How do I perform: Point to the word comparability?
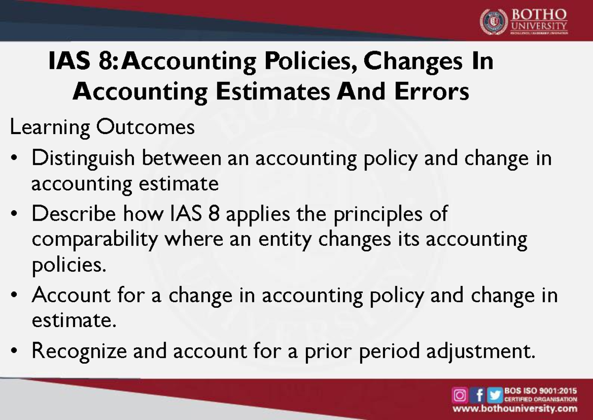(94, 240)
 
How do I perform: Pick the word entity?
(288, 240)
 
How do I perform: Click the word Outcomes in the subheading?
(145, 128)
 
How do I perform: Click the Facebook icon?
(478, 396)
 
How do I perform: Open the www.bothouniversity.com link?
(515, 409)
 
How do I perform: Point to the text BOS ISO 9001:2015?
(540, 391)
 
